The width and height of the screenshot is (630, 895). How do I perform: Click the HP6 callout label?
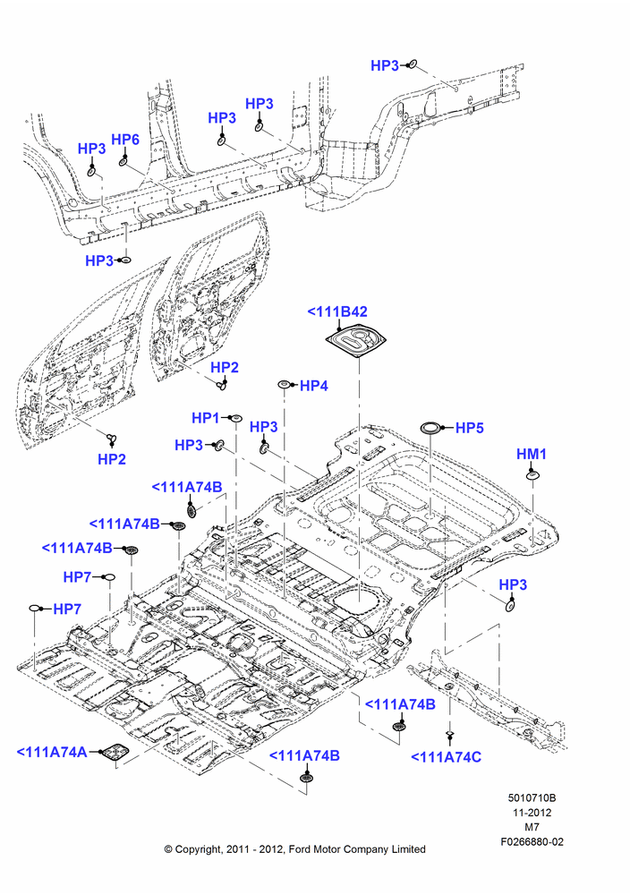125,140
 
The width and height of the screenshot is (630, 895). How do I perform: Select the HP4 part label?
314,386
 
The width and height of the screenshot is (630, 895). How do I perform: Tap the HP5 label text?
469,428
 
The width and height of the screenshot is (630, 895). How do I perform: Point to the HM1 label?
532,454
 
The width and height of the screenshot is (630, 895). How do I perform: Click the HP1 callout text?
206,418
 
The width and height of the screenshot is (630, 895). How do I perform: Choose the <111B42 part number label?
337,311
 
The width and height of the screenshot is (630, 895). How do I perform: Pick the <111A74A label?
52,753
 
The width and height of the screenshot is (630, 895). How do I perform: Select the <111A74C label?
447,757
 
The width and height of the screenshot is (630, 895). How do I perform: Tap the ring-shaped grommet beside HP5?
430,428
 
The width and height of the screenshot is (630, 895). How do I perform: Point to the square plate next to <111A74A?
113,753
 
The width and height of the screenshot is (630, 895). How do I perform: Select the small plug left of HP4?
284,385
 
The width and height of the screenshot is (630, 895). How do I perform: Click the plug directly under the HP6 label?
123,162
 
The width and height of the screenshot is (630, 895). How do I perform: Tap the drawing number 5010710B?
532,798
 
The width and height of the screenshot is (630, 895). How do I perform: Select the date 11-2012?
532,813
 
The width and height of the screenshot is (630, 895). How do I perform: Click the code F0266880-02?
532,841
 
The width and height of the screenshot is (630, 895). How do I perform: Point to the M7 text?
532,827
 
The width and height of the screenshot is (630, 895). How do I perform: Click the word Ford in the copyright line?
300,849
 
